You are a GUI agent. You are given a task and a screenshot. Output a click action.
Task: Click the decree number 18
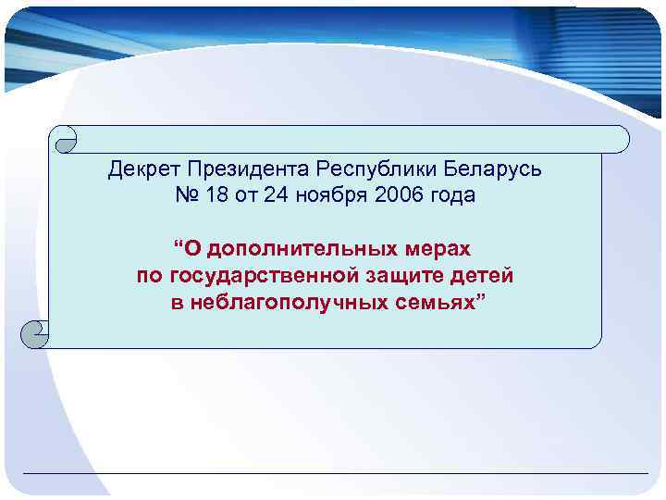214,196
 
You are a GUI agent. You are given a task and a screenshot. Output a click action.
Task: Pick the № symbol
185,196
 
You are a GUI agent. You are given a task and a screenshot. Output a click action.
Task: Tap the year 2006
400,196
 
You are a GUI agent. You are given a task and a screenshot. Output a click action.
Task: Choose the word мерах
438,250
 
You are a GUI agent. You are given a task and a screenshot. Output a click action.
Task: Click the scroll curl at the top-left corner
66,139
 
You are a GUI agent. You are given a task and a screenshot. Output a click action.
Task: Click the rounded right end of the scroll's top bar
619,139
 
